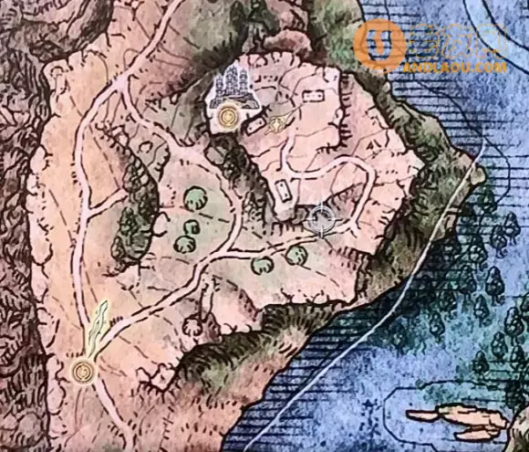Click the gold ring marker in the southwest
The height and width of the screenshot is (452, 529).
click(84, 371)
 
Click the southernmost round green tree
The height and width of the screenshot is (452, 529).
click(264, 266)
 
